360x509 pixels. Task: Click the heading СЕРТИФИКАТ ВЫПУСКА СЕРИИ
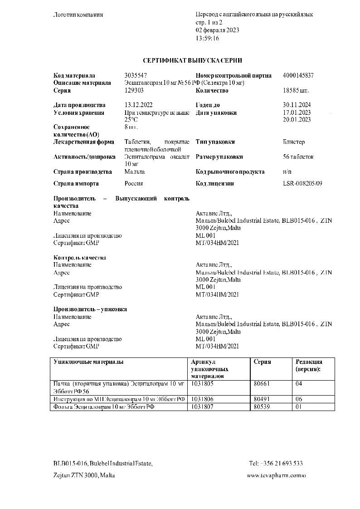point(192,60)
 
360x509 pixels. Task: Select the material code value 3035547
point(135,75)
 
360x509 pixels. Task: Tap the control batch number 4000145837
point(298,75)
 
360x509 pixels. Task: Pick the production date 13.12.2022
point(138,105)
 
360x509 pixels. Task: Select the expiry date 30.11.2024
point(296,105)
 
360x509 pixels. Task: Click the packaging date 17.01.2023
point(296,113)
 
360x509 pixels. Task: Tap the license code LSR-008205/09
point(302,184)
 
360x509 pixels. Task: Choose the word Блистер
point(293,142)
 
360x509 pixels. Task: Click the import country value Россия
point(134,184)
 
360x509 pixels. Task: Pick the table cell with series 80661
point(262,384)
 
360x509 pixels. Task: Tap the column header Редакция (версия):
point(309,366)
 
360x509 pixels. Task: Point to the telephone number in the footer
point(276,463)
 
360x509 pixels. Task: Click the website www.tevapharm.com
point(276,475)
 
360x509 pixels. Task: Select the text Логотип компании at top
point(78,15)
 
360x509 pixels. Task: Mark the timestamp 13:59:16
point(207,38)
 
